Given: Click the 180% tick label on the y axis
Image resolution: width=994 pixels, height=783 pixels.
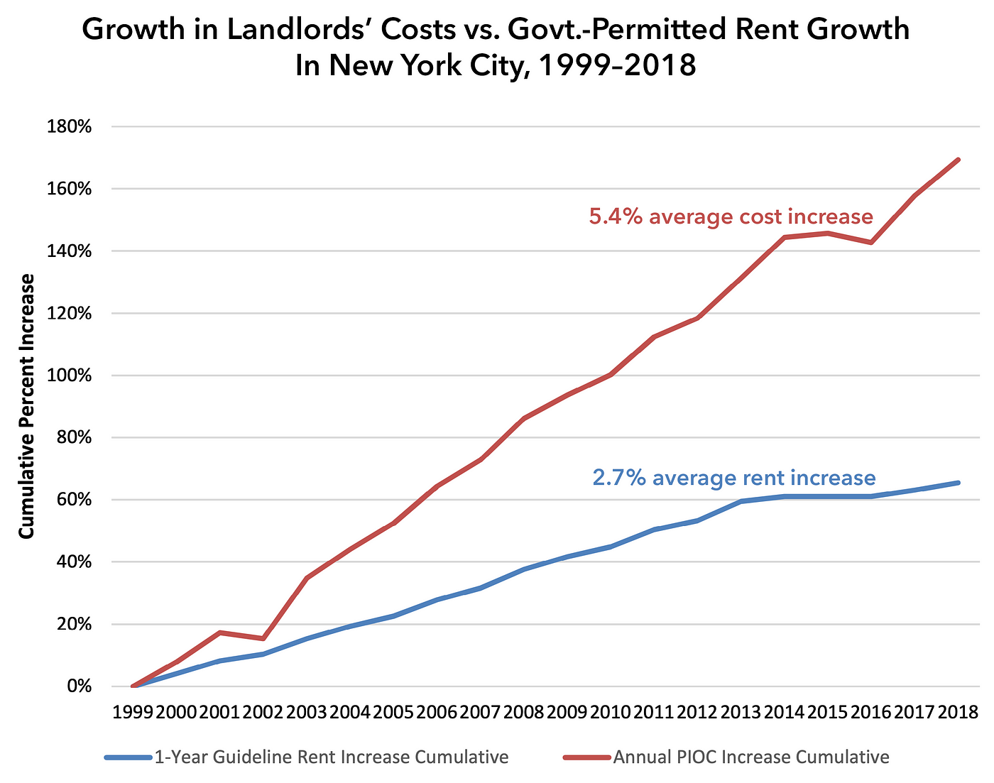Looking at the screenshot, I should (x=70, y=127).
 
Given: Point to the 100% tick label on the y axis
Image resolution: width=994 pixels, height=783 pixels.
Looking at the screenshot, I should (x=70, y=376).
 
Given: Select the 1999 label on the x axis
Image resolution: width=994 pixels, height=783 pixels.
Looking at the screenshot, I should (x=133, y=712).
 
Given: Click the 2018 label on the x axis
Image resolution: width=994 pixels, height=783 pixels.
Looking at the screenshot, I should (x=958, y=712).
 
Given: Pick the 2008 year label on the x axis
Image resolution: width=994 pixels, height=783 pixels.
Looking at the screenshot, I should (x=524, y=712).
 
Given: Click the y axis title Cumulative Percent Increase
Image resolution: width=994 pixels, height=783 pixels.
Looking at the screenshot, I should (x=26, y=406).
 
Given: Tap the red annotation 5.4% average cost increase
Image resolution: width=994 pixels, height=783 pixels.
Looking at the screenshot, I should (x=731, y=217).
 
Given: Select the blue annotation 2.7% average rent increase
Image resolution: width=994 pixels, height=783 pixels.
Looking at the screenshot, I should (x=733, y=478).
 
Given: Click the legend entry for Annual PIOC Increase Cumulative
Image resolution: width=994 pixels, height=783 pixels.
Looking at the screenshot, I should (x=750, y=757).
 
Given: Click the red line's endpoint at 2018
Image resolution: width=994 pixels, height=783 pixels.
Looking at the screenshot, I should (x=958, y=160).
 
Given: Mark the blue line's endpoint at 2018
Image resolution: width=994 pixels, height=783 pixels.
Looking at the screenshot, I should (x=958, y=483).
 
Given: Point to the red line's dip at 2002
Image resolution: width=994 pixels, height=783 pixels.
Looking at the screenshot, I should (x=263, y=639).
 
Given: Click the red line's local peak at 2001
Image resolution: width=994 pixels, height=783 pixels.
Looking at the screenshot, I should (x=220, y=632).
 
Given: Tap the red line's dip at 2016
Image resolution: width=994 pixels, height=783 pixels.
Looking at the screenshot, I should (x=871, y=243).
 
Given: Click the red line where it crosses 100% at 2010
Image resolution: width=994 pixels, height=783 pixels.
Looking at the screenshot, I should (x=611, y=374).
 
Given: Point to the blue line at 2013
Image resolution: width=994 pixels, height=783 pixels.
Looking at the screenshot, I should (x=741, y=501).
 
